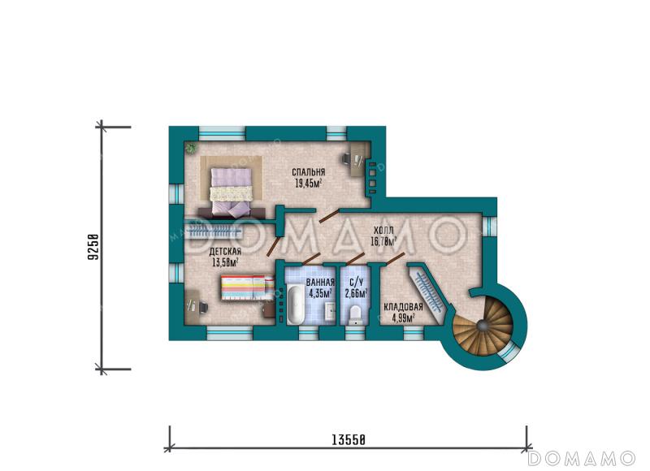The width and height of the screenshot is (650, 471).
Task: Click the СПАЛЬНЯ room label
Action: click(x=309, y=172)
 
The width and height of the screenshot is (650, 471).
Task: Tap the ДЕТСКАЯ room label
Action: click(x=225, y=252)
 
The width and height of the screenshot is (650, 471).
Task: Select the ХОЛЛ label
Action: click(x=383, y=231)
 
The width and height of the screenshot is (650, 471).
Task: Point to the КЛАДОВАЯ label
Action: click(x=403, y=308)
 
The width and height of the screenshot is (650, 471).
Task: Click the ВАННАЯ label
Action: click(x=320, y=283)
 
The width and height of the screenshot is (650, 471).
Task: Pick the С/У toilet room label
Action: click(x=357, y=283)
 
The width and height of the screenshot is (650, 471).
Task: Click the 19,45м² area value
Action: click(x=309, y=183)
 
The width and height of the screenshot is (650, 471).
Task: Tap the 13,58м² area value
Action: click(x=225, y=262)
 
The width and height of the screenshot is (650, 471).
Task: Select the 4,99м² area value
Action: click(x=403, y=318)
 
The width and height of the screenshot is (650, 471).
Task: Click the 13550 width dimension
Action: click(x=349, y=439)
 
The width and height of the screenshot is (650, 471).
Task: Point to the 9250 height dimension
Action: click(x=93, y=247)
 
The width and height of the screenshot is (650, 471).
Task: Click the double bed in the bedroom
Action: click(x=232, y=192)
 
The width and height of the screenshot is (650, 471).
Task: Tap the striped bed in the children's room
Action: click(x=248, y=287)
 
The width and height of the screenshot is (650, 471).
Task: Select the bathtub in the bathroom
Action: click(x=295, y=305)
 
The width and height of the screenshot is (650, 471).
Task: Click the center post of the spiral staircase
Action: click(x=481, y=326)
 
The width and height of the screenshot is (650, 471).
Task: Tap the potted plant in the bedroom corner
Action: click(x=191, y=148)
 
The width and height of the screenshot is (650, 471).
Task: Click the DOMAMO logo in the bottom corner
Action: click(x=582, y=458)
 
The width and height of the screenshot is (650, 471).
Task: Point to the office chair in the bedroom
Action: click(x=347, y=158)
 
